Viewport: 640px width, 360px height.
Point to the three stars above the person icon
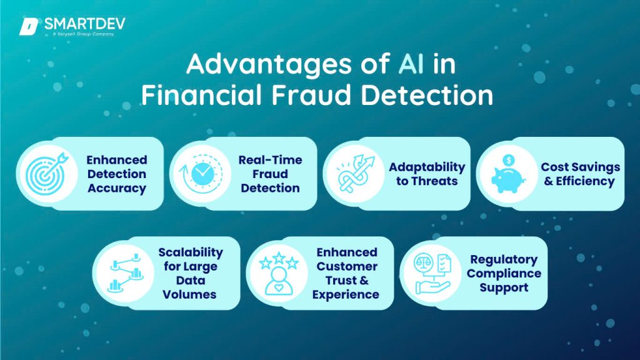coord(273,258)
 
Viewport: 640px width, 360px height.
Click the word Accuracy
coord(116,188)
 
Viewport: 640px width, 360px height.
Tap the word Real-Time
coord(270,160)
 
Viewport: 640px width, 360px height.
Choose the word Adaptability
coord(427,167)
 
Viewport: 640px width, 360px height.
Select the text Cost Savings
coord(581,167)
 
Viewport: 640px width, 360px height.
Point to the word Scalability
coord(190,252)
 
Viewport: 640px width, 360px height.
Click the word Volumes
coord(190,294)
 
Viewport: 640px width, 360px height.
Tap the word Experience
coord(346,294)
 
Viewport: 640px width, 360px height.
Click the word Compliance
coord(504,274)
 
